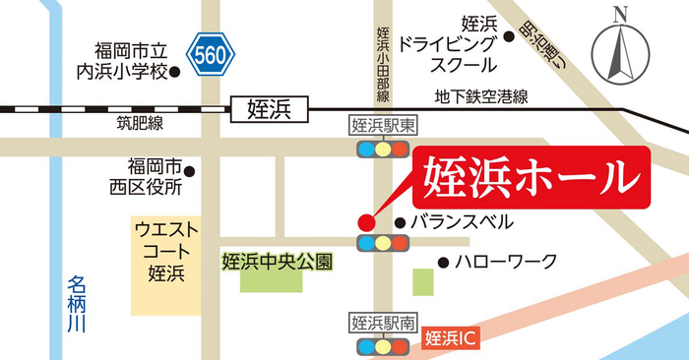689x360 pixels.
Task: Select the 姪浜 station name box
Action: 268,107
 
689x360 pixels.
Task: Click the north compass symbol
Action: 620,49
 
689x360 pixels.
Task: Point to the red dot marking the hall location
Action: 365,221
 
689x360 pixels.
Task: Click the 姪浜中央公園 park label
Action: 277,263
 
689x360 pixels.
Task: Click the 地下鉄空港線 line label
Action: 483,96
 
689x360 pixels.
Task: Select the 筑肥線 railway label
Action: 135,123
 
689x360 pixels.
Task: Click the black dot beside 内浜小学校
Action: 175,71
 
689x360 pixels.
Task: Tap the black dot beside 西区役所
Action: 190,172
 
